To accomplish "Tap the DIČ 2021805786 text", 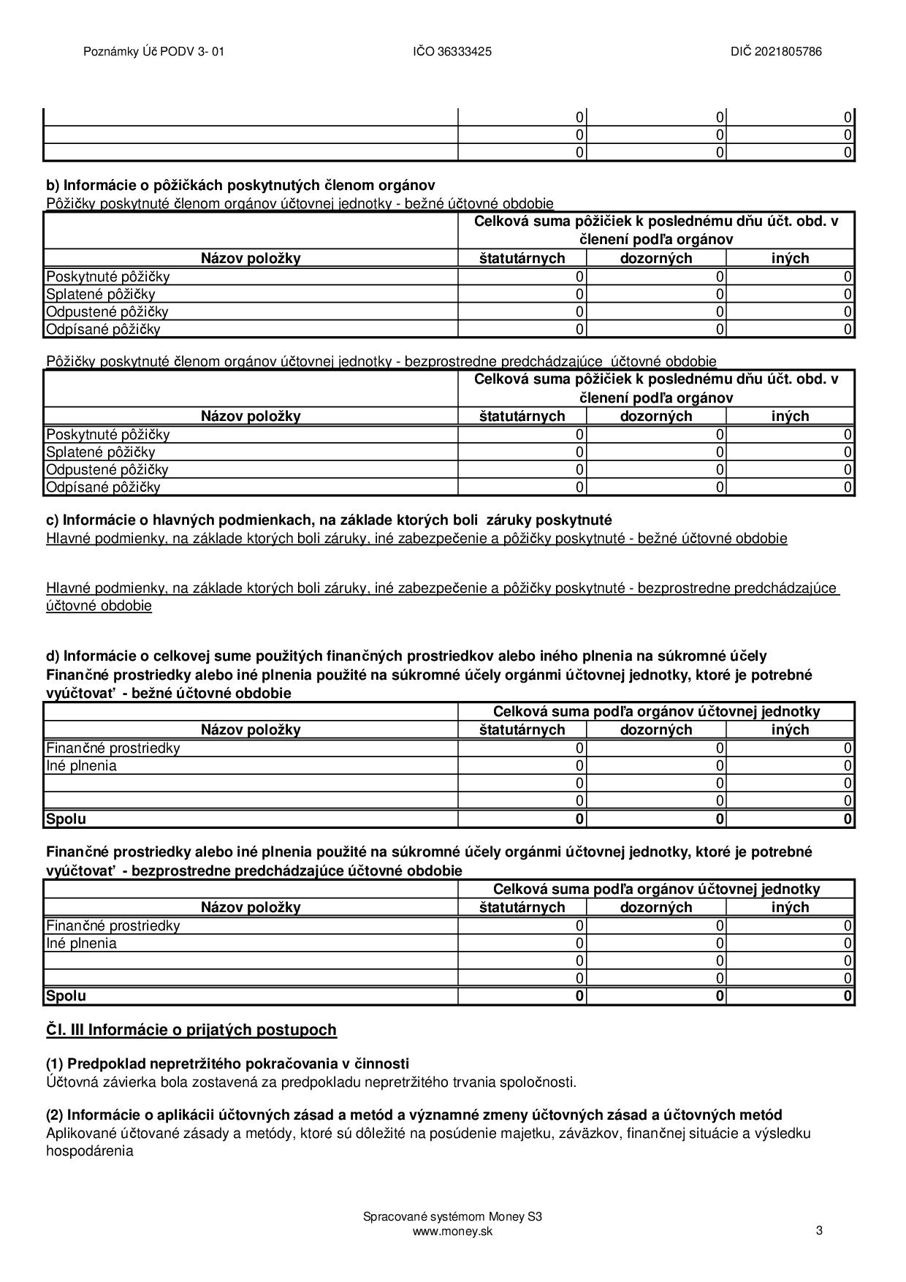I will coord(776,52).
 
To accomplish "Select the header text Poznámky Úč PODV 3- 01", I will coord(153,52).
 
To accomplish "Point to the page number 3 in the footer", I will coord(819,1230).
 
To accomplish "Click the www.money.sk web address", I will coord(452,1231).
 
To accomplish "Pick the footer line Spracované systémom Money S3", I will coord(452,1217).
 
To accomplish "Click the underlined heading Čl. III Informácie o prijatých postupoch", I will coord(191,1030).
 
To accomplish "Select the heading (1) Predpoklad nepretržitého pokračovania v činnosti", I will coord(227,1063).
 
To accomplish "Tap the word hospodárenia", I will coord(90,1150).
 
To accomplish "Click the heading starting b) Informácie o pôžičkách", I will coord(240,185).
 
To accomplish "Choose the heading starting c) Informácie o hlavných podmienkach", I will coord(329,520).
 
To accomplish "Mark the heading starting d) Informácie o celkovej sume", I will coord(406,656).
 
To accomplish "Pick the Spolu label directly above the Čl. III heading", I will coord(66,995).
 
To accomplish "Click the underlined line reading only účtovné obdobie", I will coord(99,606).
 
